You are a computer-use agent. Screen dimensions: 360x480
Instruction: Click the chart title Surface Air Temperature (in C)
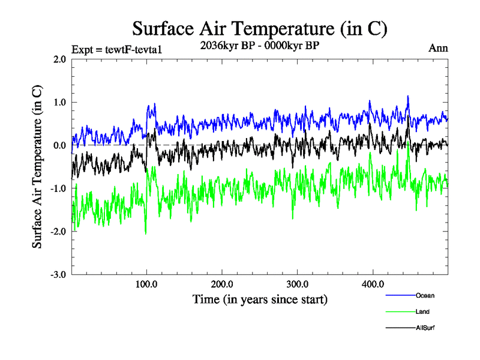click(259, 29)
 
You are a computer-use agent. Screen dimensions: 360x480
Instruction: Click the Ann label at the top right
click(438, 48)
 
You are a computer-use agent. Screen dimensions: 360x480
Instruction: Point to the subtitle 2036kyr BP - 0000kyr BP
click(259, 45)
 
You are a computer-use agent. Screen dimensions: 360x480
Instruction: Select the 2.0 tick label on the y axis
click(59, 59)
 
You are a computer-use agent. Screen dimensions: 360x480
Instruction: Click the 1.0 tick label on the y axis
click(59, 102)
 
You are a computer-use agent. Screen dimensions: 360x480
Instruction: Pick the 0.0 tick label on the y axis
click(59, 145)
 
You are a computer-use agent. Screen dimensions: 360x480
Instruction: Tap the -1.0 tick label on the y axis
click(58, 188)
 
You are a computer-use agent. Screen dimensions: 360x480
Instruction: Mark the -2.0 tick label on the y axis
click(58, 231)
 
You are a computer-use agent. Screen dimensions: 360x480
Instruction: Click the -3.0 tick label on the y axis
click(58, 274)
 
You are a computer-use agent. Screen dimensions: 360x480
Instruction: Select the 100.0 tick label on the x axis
click(147, 284)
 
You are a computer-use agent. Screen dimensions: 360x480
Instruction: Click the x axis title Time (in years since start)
click(260, 299)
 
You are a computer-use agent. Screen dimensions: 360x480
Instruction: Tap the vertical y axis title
click(37, 167)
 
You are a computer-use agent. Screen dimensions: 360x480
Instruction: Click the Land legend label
click(422, 311)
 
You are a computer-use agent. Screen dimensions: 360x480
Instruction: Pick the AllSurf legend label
click(425, 328)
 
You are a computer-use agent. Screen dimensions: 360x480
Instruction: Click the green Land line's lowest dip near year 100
click(146, 233)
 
